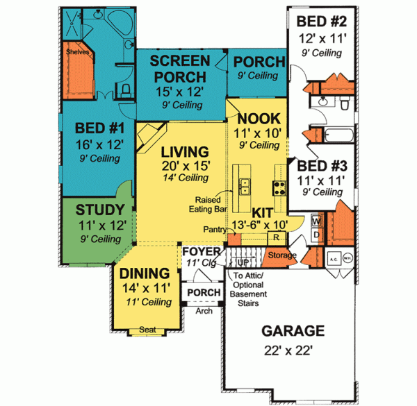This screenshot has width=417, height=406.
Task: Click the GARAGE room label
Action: (292, 330)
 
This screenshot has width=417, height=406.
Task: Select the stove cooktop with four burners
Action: (279, 187)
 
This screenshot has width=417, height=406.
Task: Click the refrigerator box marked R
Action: (275, 237)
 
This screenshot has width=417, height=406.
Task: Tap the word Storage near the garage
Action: (282, 255)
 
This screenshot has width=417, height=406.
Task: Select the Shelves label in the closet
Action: (78, 51)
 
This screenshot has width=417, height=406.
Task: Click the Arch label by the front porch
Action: (204, 310)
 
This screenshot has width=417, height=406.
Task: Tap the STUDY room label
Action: (100, 210)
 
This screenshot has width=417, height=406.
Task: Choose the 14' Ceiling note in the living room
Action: (184, 178)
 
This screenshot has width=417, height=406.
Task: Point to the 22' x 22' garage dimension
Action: (292, 350)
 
